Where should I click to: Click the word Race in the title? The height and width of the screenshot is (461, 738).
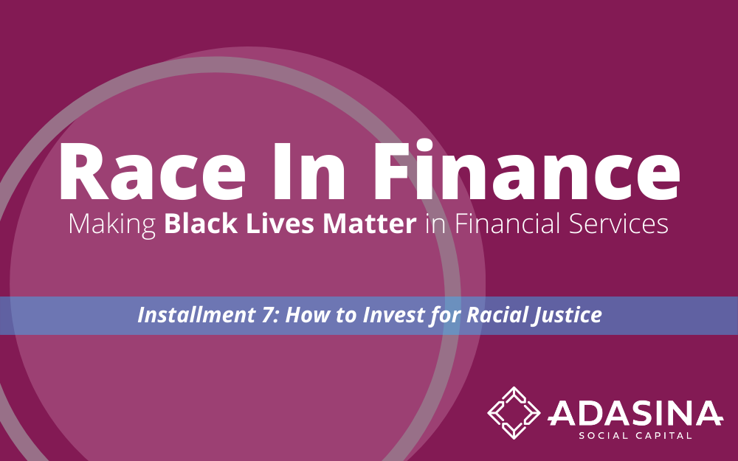152,171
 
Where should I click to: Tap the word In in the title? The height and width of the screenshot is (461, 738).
310,171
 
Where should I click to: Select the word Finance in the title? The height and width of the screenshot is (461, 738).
527,170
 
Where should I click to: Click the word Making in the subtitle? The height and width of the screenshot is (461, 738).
112,225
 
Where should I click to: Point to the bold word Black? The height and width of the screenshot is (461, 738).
201,224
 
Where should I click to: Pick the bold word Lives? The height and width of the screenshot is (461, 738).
280,224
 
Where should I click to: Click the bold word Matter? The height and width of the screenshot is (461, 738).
370,224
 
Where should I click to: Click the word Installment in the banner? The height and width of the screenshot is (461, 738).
196,315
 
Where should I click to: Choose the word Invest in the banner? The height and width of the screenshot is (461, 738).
393,315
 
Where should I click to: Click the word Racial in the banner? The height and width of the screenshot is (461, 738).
496,315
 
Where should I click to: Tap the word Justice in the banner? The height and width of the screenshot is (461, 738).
567,316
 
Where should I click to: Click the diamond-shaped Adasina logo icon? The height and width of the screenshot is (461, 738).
514,412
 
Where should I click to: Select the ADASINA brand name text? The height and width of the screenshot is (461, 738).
635,413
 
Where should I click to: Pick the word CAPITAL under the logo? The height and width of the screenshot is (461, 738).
663,436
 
